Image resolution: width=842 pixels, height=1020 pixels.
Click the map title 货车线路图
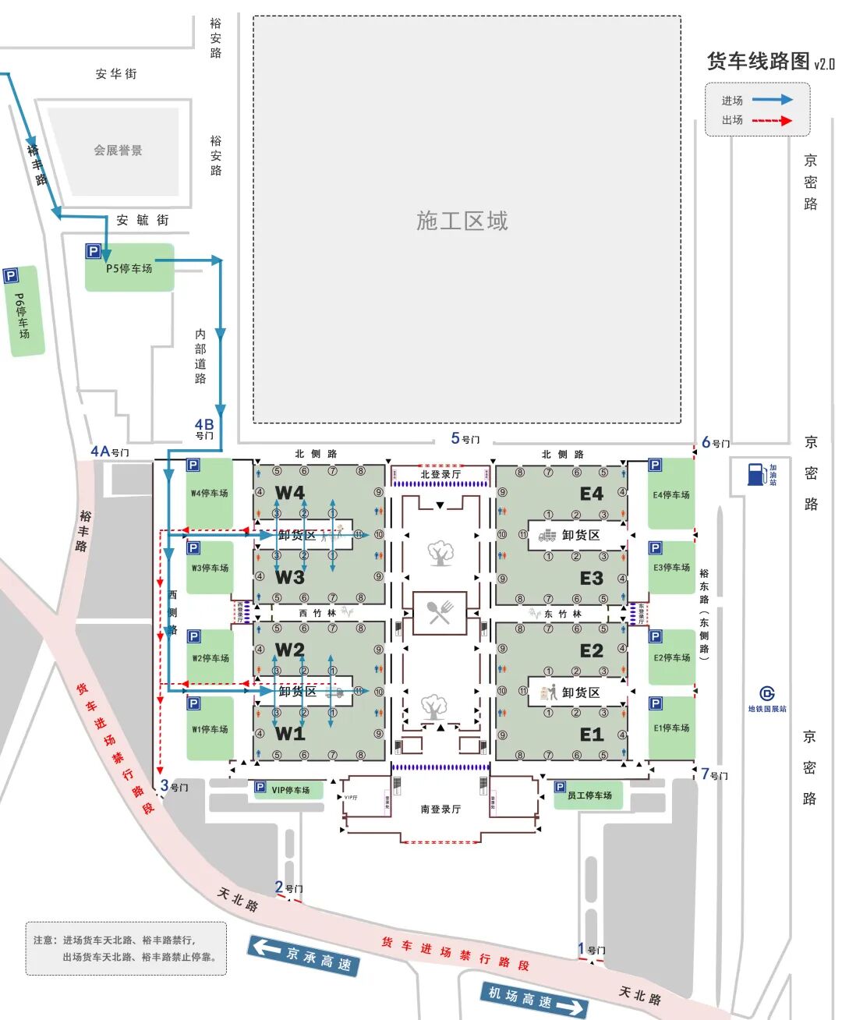coord(758,61)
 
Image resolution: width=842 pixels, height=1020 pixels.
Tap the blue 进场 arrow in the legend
coord(772,100)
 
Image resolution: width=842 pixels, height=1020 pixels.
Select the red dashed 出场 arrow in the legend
coord(772,120)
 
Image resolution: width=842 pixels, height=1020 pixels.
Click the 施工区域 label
coord(462,221)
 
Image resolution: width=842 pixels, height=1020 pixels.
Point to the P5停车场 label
coord(129,268)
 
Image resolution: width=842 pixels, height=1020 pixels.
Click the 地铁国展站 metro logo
coord(767,693)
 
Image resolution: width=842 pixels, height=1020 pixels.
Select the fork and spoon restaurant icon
coord(440,612)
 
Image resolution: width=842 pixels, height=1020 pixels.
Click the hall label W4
coord(290,493)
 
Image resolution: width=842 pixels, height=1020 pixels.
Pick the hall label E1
coord(591,735)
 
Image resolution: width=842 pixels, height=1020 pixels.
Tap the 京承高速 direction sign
coord(303,955)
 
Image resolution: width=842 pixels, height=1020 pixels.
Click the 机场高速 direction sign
coord(535,999)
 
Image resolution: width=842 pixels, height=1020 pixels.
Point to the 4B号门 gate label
coord(204,429)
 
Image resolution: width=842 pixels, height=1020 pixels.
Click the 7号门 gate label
coord(714,774)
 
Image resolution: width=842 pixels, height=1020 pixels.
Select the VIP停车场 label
coord(290,790)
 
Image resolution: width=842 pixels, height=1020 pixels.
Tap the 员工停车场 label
coord(589,795)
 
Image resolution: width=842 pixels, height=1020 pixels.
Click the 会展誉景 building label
coord(119,151)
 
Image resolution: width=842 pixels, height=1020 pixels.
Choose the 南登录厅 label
coord(440,809)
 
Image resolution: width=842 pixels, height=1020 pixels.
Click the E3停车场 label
coord(671,568)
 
